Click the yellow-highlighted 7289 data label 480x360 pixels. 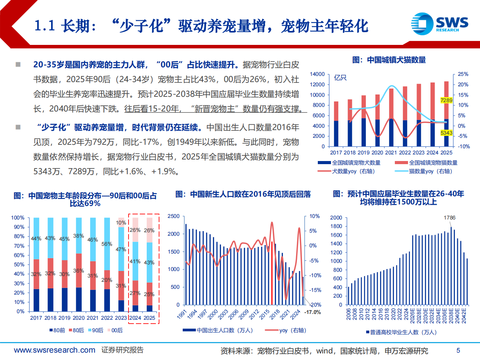click(446, 101)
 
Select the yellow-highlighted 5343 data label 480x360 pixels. click(446, 133)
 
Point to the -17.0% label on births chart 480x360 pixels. click(313, 312)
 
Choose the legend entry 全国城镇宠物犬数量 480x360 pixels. click(349, 163)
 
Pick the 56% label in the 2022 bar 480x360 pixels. click(107, 244)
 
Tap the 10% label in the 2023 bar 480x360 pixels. click(121, 223)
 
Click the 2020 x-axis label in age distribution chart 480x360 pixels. click(79, 317)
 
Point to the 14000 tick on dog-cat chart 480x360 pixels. click(318, 74)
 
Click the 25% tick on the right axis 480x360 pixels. click(463, 74)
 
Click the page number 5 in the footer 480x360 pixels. click(458, 351)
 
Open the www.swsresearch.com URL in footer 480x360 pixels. click(55, 350)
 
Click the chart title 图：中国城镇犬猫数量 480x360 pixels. click(389, 60)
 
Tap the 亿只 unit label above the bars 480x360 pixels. click(340, 77)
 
